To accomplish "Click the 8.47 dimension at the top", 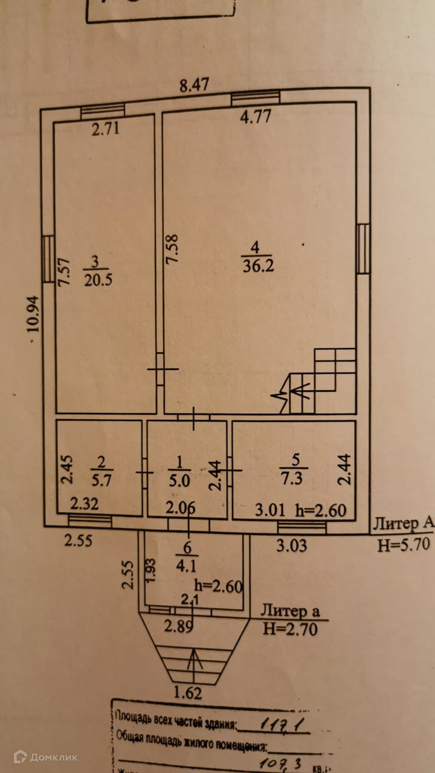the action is click(x=194, y=85).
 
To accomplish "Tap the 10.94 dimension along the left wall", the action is click(x=33, y=314).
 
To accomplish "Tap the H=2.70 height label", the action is click(x=289, y=628).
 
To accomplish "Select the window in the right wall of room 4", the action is click(x=362, y=248).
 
